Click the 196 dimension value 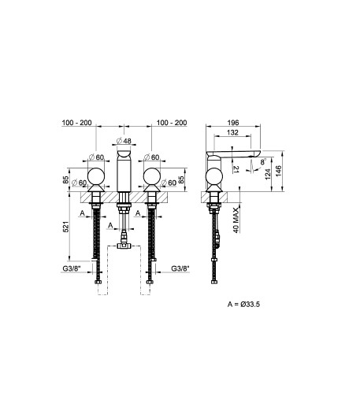(233, 123)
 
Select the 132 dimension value (232, 132)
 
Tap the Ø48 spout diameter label (124, 141)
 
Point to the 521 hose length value (66, 227)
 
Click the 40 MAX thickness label (236, 220)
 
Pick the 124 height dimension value (268, 174)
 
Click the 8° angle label (263, 161)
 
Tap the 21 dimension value (236, 169)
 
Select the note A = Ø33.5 (243, 304)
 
